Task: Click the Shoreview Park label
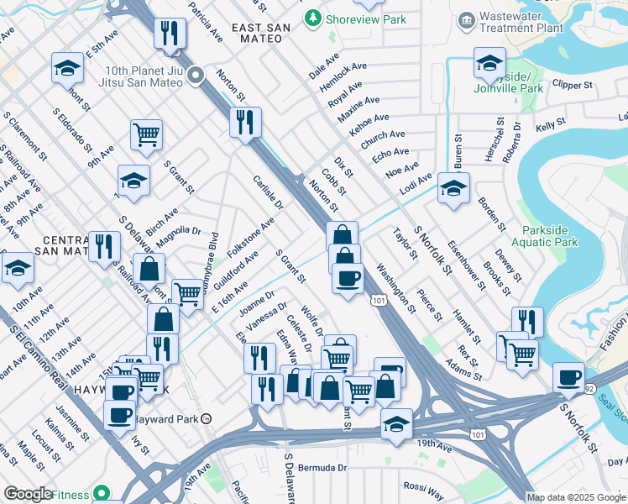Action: click(x=366, y=18)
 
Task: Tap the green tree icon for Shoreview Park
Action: click(x=313, y=17)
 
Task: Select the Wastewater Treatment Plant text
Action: click(x=521, y=22)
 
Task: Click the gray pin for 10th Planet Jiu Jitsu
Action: click(x=196, y=76)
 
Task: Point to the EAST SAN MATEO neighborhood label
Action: click(x=261, y=29)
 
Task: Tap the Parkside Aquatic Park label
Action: click(x=550, y=235)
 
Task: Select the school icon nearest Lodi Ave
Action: click(x=453, y=188)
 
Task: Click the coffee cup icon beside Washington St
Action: click(x=348, y=278)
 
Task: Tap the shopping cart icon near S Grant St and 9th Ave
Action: click(x=146, y=134)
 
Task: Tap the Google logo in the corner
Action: click(x=27, y=494)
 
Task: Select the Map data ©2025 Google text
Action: click(x=576, y=497)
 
